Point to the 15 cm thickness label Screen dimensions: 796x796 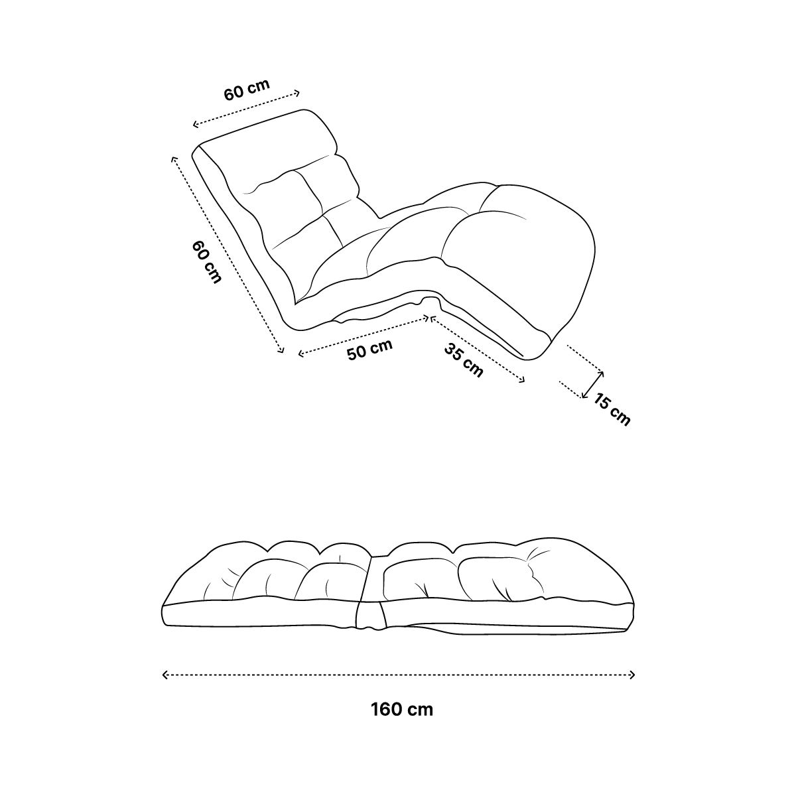pos(612,409)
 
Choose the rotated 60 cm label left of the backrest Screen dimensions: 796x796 pos(206,262)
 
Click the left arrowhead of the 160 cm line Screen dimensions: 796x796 pos(165,675)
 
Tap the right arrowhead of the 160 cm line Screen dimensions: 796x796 pos(631,675)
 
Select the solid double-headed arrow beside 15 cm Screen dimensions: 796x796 pos(592,385)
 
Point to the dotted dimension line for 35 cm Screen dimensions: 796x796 pos(478,349)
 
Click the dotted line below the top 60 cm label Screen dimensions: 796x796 pos(246,109)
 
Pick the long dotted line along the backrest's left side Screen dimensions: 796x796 pos(228,255)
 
